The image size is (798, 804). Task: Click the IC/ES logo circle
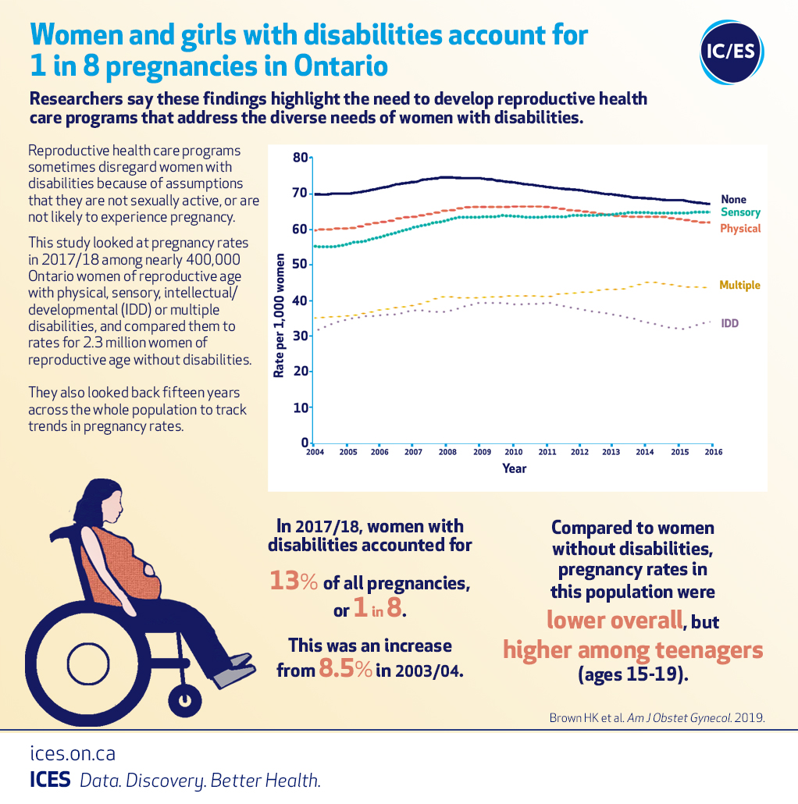point(732,52)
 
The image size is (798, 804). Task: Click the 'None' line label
point(733,200)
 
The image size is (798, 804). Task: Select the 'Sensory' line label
point(739,212)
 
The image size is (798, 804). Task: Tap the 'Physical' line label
point(739,229)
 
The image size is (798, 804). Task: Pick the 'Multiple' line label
point(739,286)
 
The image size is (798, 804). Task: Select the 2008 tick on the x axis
point(447,453)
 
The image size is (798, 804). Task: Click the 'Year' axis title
point(514,469)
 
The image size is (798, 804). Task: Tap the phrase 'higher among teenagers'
point(632,649)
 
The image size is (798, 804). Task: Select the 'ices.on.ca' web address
point(73,754)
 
